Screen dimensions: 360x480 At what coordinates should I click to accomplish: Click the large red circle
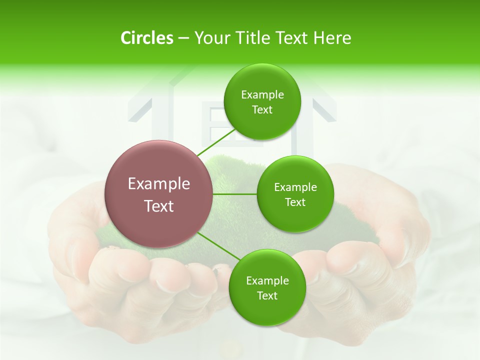click(159, 194)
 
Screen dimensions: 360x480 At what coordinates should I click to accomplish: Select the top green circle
click(262, 101)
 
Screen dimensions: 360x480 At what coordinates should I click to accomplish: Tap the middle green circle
click(295, 194)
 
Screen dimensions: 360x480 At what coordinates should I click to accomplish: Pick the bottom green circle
click(267, 287)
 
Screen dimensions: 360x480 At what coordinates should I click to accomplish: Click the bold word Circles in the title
click(147, 38)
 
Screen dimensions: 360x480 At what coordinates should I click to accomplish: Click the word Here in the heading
click(332, 38)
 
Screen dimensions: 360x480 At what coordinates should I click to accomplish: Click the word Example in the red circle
click(159, 184)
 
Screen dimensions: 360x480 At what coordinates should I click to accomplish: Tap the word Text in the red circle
click(159, 206)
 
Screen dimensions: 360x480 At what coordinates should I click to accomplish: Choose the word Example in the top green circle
click(262, 95)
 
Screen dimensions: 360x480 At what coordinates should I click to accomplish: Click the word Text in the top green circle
click(262, 109)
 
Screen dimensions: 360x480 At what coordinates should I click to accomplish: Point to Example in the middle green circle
click(295, 187)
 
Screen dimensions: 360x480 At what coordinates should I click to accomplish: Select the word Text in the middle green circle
click(295, 202)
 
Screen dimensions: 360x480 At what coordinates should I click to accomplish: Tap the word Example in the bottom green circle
click(267, 281)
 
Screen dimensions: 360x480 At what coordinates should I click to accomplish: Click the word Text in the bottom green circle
click(267, 295)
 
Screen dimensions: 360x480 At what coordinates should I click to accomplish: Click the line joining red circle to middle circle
click(235, 194)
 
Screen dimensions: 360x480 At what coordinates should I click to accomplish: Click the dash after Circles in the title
click(183, 38)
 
